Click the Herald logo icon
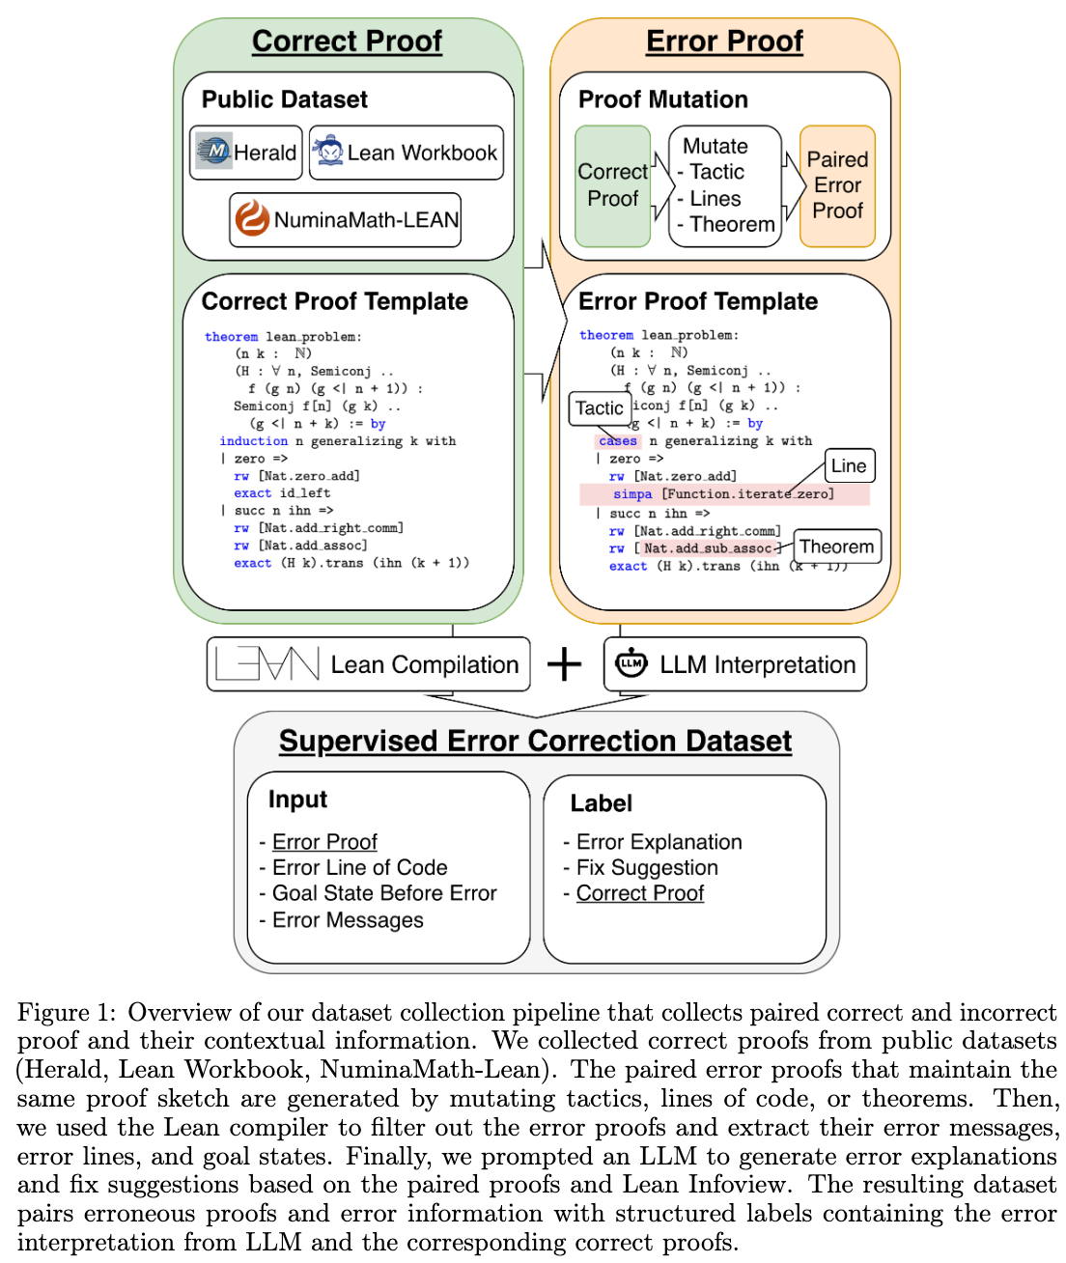click(x=214, y=152)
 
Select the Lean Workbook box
click(x=407, y=153)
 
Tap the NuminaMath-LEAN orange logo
click(x=252, y=219)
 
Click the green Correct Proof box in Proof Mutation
click(x=613, y=185)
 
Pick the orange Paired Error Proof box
click(x=837, y=185)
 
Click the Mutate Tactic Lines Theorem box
click(x=725, y=185)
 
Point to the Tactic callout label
click(x=600, y=408)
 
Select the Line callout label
click(x=849, y=465)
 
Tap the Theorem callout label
click(x=836, y=547)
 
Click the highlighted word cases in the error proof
click(x=618, y=441)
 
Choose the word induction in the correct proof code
click(x=253, y=441)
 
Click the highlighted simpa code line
click(x=724, y=494)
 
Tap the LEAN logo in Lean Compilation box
click(x=267, y=664)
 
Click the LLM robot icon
click(x=631, y=663)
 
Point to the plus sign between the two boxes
click(x=565, y=664)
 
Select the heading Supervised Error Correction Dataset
click(x=535, y=741)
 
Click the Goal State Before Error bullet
click(x=384, y=893)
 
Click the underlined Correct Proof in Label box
click(x=640, y=893)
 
